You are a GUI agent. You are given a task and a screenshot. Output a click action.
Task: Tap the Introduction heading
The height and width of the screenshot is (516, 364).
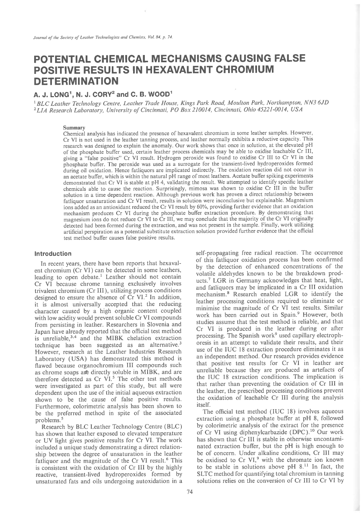coord(53,254)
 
